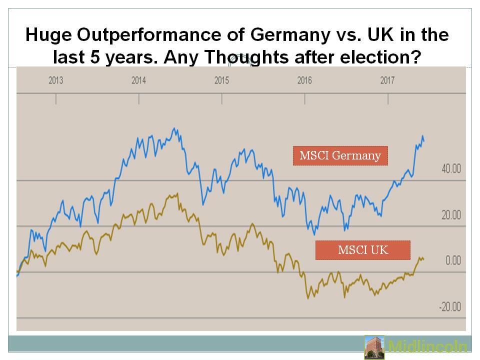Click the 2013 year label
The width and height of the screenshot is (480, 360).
tap(56, 80)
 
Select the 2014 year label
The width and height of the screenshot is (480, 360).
tap(138, 80)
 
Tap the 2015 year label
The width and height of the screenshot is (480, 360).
tap(221, 80)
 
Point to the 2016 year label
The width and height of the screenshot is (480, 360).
tap(304, 80)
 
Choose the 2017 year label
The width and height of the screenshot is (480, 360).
tap(387, 80)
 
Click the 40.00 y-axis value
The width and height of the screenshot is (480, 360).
tap(450, 168)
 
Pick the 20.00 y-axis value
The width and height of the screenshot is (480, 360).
tap(450, 214)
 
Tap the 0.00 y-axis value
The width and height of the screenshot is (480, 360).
tap(452, 260)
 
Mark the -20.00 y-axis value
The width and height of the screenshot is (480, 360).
tap(449, 306)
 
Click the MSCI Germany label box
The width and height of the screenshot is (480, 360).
tap(340, 155)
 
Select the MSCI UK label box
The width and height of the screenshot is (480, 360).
tap(362, 250)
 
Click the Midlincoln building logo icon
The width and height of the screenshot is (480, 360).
tap(374, 347)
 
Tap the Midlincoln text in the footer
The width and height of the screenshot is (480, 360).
tap(428, 347)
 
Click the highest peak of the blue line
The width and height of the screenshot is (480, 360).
tap(174, 128)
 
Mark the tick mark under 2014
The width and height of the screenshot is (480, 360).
tap(139, 99)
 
